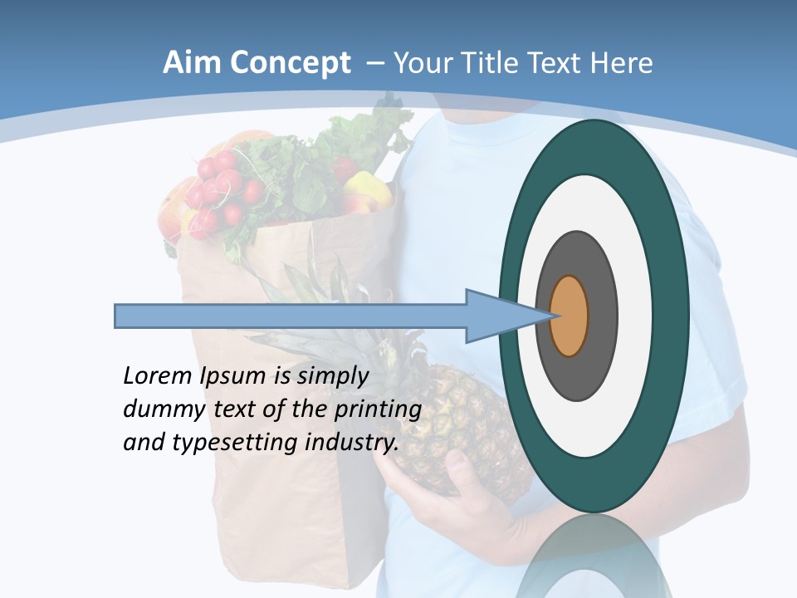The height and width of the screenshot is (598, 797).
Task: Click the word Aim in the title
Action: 192,63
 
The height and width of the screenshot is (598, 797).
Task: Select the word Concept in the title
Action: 290,64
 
